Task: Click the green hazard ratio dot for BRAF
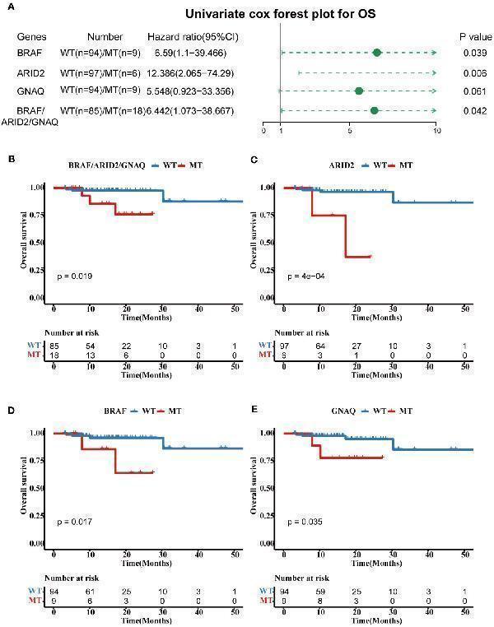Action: coord(377,53)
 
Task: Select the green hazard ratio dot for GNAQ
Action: coord(358,91)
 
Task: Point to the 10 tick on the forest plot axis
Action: coord(436,130)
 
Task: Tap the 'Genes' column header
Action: coord(30,38)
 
